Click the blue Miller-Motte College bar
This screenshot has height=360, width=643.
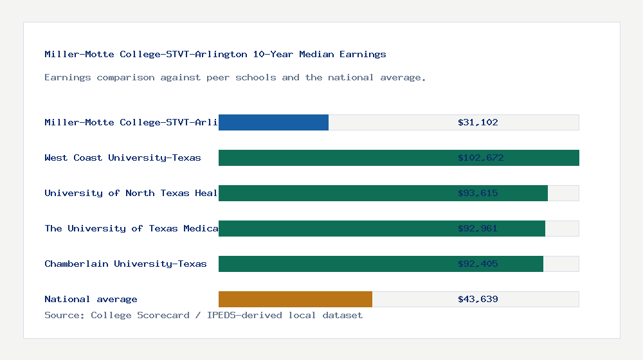point(273,122)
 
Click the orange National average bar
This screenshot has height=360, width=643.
point(295,299)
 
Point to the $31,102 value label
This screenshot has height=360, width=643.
point(478,122)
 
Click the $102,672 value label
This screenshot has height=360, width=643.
point(478,157)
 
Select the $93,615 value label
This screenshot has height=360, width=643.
point(478,193)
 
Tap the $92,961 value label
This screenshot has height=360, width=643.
point(478,228)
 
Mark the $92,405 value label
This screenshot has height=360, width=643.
point(478,264)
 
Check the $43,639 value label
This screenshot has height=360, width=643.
point(478,299)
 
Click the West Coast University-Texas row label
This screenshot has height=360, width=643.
point(123,157)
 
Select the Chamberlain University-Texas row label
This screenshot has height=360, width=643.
point(125,264)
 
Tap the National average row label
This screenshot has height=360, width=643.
point(91,299)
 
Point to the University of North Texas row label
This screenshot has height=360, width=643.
point(131,193)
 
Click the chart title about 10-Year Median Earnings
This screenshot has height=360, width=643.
point(215,54)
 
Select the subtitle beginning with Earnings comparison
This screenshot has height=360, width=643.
point(235,77)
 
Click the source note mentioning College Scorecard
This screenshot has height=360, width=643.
point(203,315)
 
